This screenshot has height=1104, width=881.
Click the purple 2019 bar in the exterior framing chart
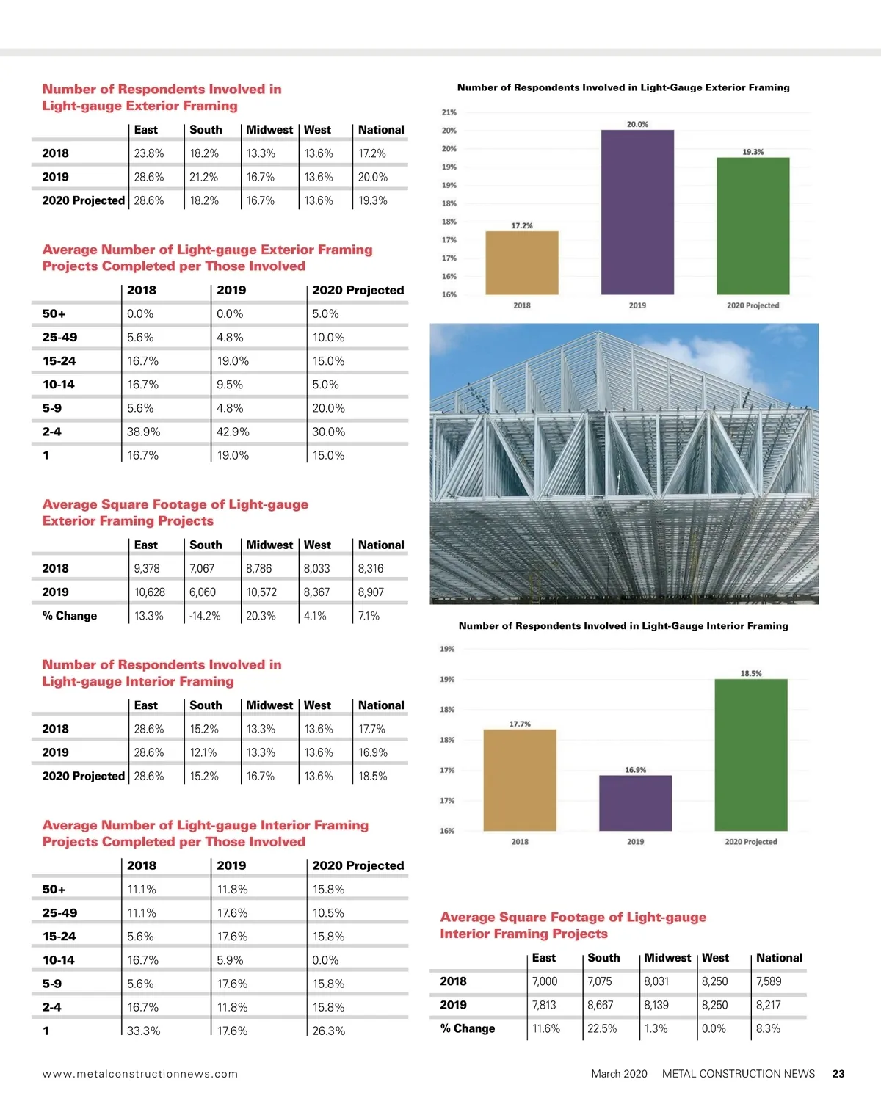(637, 213)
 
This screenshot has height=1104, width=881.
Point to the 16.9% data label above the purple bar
(635, 770)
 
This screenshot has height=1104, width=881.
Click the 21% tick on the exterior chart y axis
(449, 112)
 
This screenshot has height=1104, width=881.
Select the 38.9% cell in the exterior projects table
(143, 432)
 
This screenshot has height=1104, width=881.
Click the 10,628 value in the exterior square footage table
(150, 592)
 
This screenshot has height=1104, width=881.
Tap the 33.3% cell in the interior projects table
(143, 1031)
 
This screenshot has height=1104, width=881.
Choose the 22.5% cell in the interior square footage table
(602, 1028)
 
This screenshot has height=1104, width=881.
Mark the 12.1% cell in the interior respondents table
(204, 752)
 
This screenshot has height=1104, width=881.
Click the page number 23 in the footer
(838, 1073)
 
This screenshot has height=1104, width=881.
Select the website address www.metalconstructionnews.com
(140, 1074)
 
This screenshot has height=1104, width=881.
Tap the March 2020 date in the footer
(619, 1074)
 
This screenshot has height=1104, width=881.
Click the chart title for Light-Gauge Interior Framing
(623, 626)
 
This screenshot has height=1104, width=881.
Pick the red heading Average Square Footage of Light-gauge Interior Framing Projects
(573, 925)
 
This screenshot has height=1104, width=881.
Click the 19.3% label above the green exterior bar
(753, 152)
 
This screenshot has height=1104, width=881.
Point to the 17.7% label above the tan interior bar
(520, 724)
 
